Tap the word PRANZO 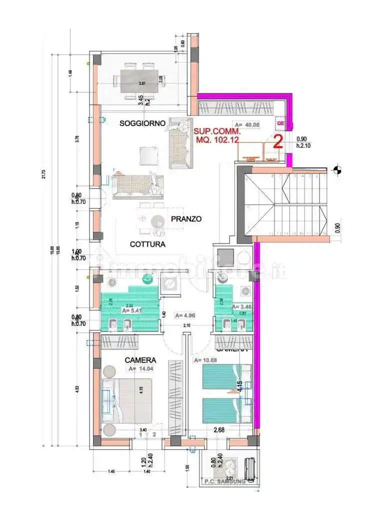[x=185, y=219]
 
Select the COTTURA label [x=147, y=244]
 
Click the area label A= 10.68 [x=204, y=360]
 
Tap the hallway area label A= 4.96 [x=184, y=315]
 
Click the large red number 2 [x=278, y=141]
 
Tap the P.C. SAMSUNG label [x=224, y=481]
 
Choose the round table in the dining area [x=158, y=221]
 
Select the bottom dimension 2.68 [x=218, y=430]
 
